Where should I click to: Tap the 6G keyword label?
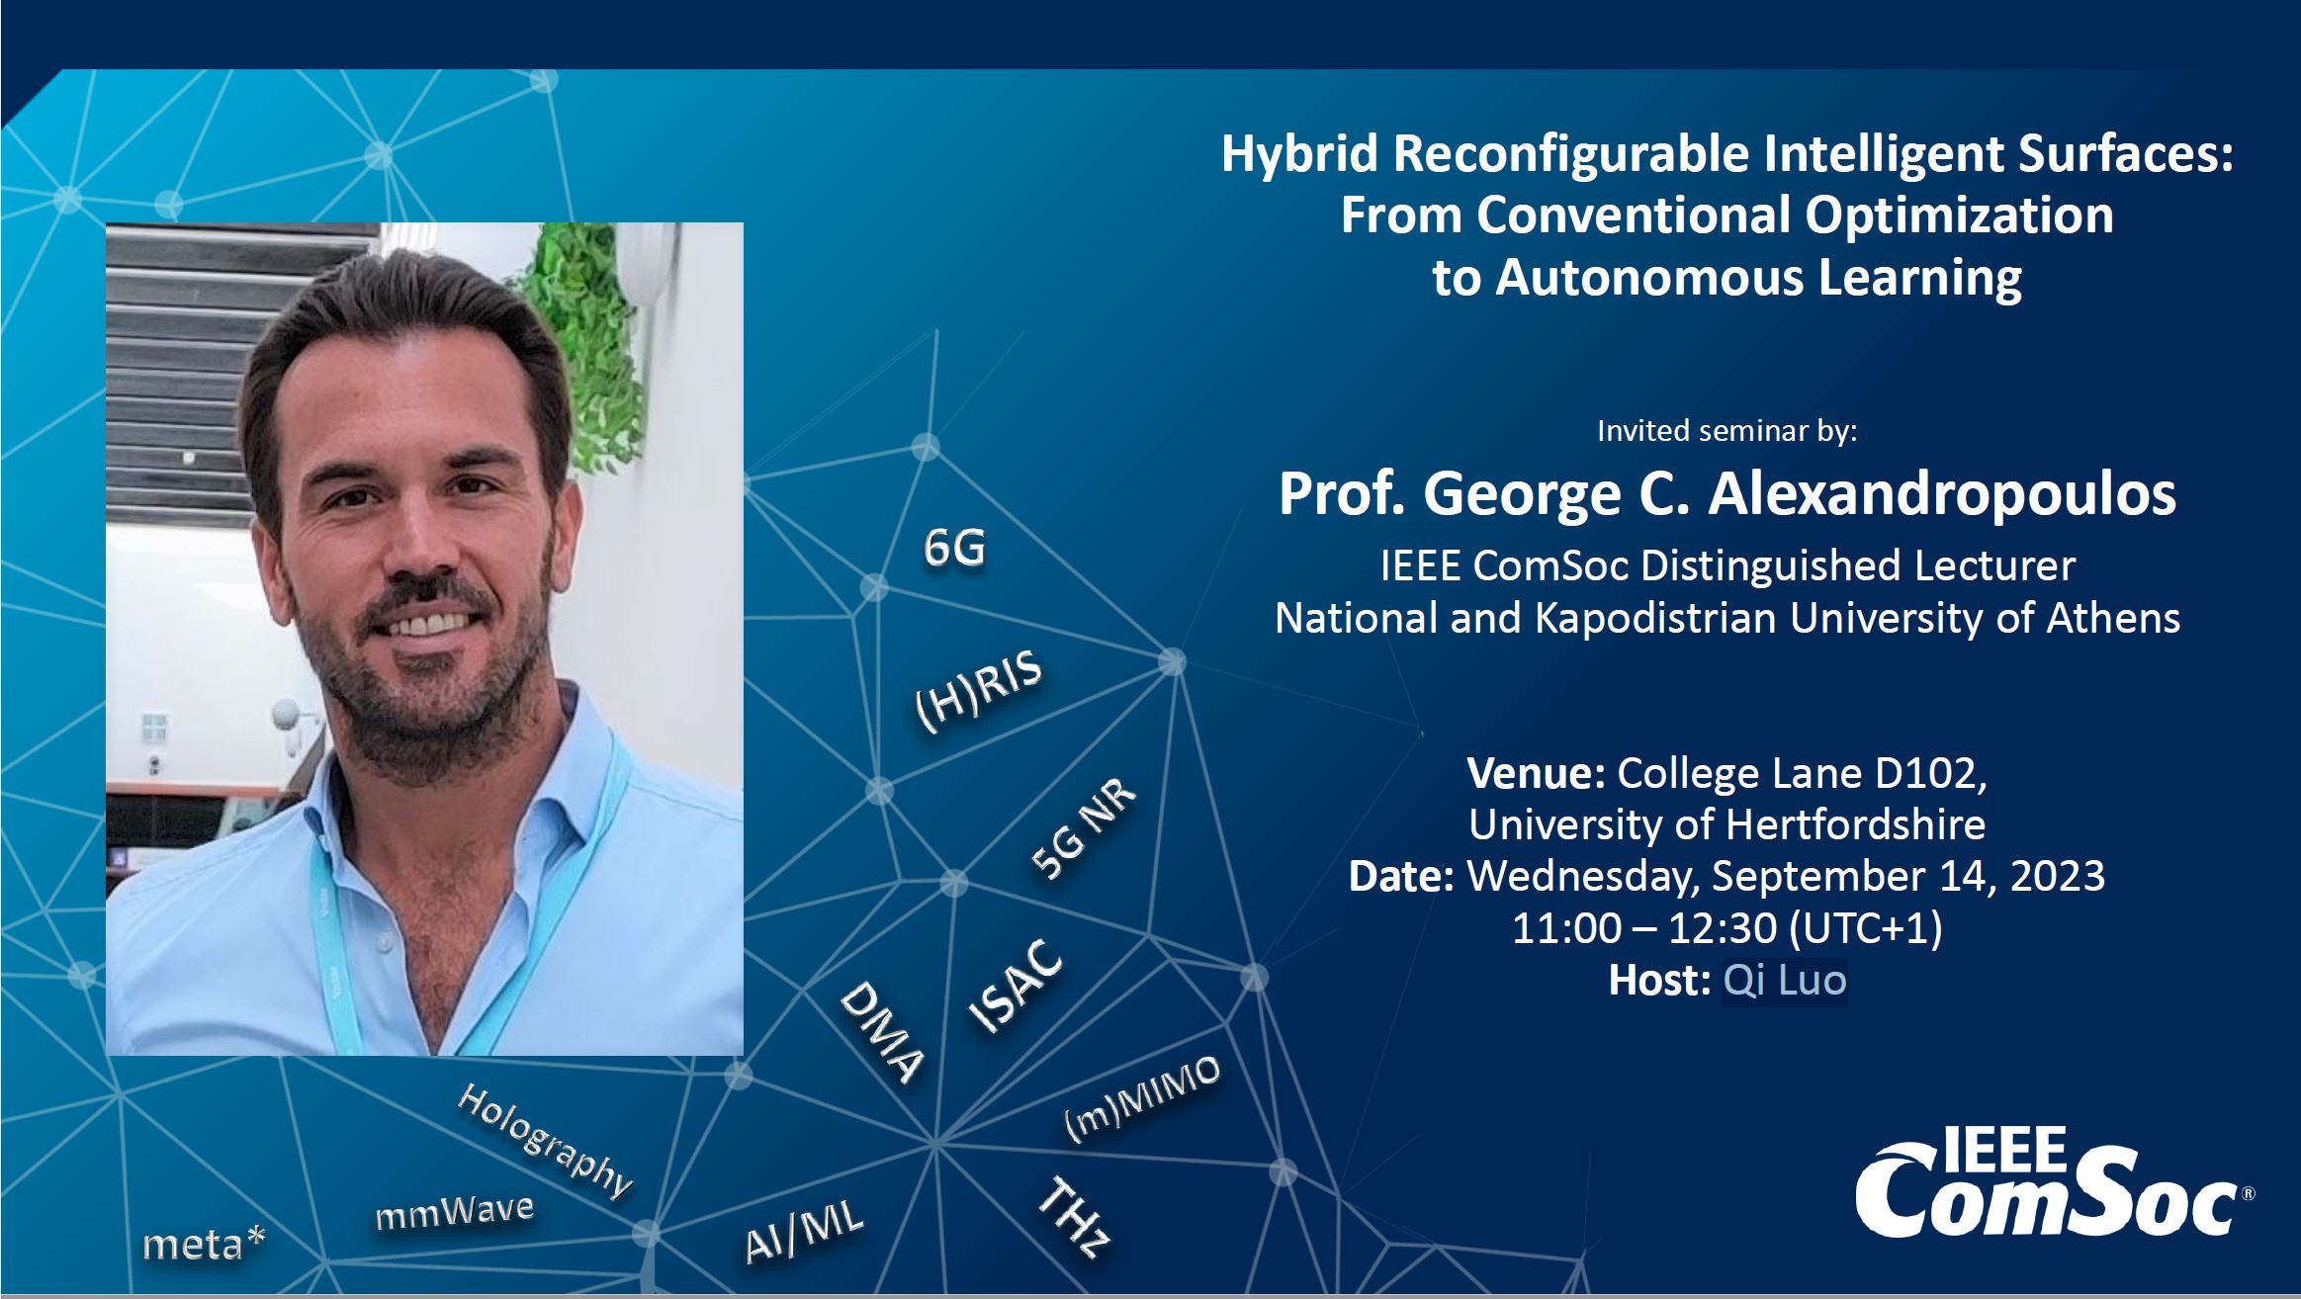[x=954, y=548]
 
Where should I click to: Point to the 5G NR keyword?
[x=1084, y=828]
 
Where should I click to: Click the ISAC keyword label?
[x=1016, y=986]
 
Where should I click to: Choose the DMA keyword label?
[x=882, y=1031]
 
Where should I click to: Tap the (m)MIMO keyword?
[x=1143, y=1098]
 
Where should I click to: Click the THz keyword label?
[x=1073, y=1217]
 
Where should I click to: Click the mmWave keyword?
[x=455, y=1211]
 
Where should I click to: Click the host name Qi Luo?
[x=1785, y=980]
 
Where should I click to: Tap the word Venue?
[x=1536, y=773]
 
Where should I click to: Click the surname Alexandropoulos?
[x=1943, y=494]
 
